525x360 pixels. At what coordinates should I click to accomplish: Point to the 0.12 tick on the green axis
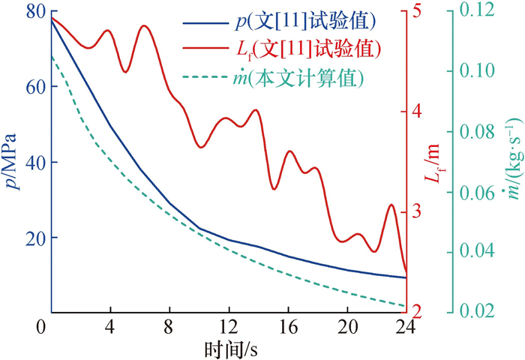pyautogui.click(x=485, y=12)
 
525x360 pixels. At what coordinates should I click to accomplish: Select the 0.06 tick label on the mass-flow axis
pyautogui.click(x=485, y=192)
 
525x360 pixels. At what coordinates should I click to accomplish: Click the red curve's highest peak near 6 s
pyautogui.click(x=144, y=26)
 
